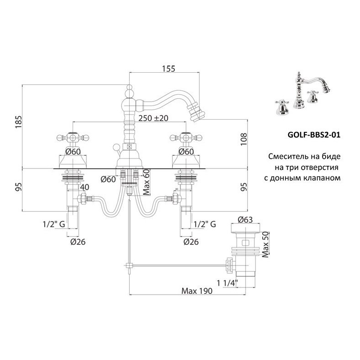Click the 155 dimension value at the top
coord(169,69)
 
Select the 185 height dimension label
coord(19,122)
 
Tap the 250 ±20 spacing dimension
coord(153,118)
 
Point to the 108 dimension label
coord(244,139)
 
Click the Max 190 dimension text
coord(197,291)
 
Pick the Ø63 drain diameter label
coord(245,220)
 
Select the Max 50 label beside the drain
coord(265,244)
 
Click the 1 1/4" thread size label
coord(228,283)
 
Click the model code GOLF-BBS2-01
coord(314,135)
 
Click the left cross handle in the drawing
coord(73,138)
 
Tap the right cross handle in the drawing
coord(186,138)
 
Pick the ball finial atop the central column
coord(129,87)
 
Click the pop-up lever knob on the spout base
coord(116,147)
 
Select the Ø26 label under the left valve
coord(78,242)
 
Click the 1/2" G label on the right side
coord(205,224)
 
